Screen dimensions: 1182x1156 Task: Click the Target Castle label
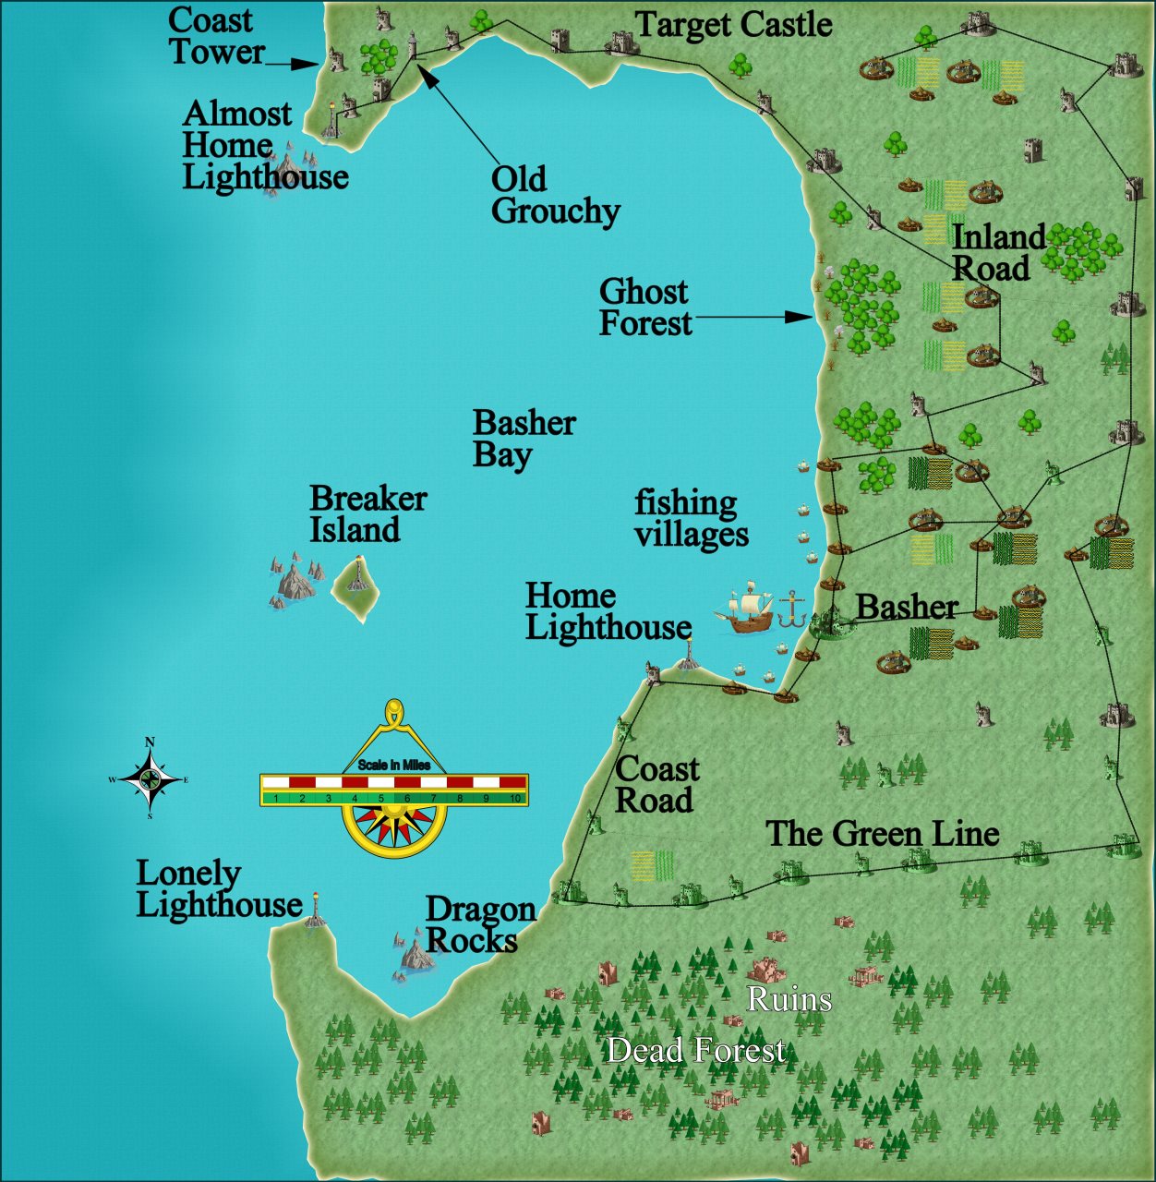point(734,25)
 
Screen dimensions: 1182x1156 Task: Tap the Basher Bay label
point(524,439)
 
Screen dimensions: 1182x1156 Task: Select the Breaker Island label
point(367,513)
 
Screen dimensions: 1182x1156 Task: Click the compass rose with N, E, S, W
point(150,779)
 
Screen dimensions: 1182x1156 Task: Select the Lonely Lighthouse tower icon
point(316,910)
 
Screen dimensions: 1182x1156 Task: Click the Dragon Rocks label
point(479,924)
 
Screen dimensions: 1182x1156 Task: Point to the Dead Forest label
point(696,1050)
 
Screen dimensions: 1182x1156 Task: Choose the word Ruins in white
point(789,999)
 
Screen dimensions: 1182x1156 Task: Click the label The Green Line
point(882,834)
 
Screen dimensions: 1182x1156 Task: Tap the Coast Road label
point(656,784)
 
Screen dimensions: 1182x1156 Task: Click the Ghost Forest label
point(644,308)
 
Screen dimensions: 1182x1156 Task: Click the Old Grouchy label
point(554,195)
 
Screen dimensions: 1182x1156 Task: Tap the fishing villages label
point(691,518)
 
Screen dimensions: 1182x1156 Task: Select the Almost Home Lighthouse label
point(265,145)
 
